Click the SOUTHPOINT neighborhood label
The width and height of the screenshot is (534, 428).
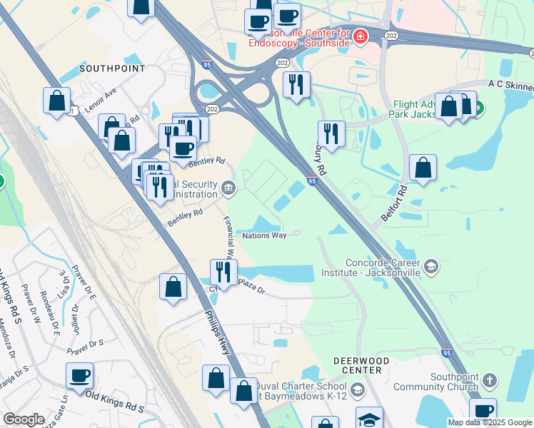pyautogui.click(x=112, y=68)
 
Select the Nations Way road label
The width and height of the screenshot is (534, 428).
pyautogui.click(x=264, y=235)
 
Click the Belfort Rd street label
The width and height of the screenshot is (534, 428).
pyautogui.click(x=393, y=203)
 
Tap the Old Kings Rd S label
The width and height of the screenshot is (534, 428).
pyautogui.click(x=114, y=401)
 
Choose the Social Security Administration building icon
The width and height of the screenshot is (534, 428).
pyautogui.click(x=228, y=188)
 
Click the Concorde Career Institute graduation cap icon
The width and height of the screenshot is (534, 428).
pyautogui.click(x=430, y=267)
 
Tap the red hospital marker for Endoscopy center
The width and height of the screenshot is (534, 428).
pyautogui.click(x=361, y=36)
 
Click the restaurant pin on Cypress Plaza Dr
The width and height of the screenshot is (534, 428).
pyautogui.click(x=223, y=272)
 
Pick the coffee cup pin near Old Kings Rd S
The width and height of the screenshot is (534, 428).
pyautogui.click(x=80, y=375)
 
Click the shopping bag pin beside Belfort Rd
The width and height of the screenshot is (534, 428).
pyautogui.click(x=423, y=169)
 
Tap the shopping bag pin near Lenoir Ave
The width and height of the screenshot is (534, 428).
pyautogui.click(x=56, y=101)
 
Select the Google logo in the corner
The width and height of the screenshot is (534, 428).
pyautogui.click(x=24, y=419)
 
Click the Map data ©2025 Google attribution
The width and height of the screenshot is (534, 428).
pyautogui.click(x=490, y=422)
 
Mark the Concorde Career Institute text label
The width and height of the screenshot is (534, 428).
pyautogui.click(x=383, y=267)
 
